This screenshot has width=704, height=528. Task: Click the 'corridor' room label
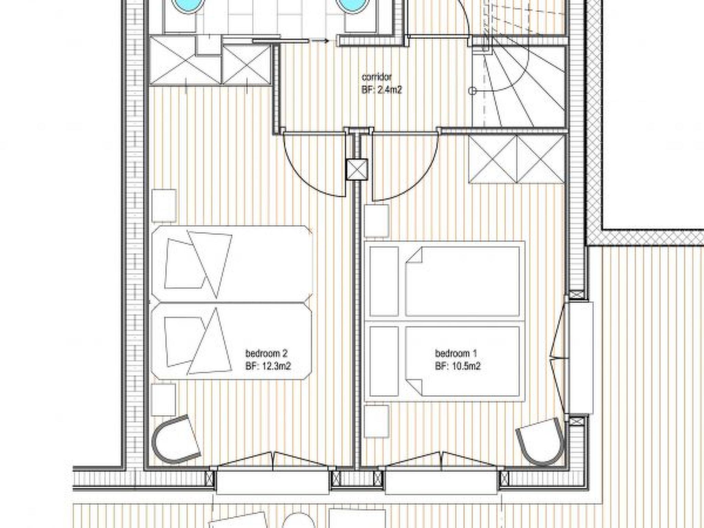point(376,77)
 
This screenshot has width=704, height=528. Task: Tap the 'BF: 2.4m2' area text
point(382,90)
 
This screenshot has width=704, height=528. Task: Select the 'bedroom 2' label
point(266,353)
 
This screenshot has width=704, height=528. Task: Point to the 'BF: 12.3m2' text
point(268,366)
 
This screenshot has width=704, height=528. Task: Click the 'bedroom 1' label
point(456,353)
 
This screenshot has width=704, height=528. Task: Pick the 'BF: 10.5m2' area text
point(458,366)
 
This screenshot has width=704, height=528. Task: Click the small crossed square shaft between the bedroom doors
point(357,169)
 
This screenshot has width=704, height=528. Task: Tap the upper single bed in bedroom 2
point(232,264)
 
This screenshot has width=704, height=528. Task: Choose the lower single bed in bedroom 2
point(232,341)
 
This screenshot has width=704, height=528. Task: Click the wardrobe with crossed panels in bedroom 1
point(517,159)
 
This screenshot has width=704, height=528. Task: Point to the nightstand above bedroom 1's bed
point(376,221)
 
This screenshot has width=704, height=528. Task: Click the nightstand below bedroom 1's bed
point(376,421)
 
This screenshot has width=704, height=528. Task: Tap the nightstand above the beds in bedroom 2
point(164,206)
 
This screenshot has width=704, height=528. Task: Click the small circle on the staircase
point(473,91)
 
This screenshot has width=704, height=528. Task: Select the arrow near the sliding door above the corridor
point(320,41)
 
